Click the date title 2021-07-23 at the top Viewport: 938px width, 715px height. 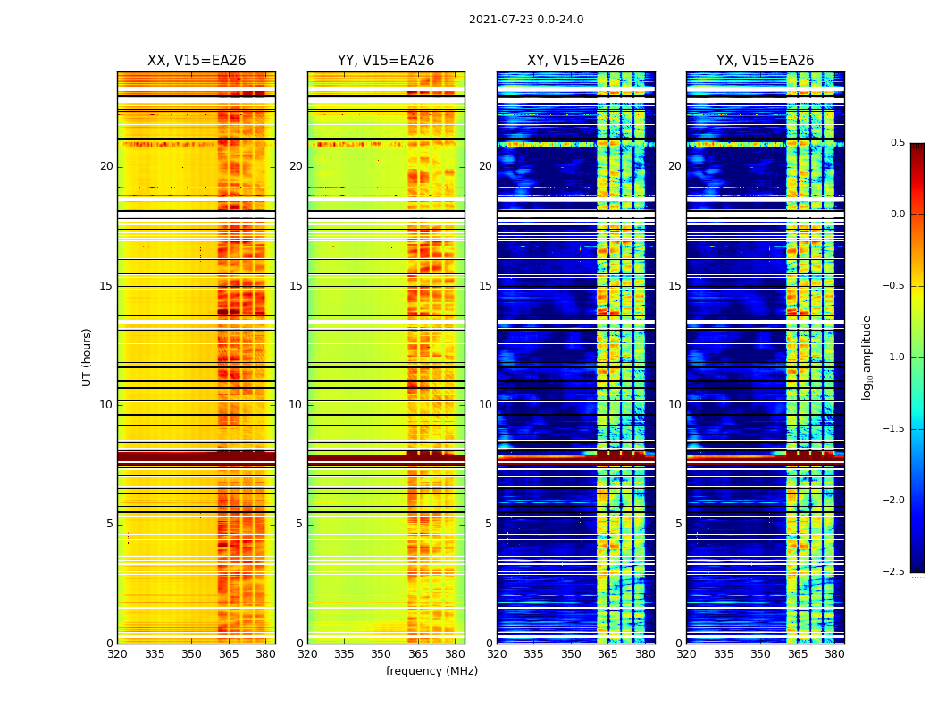click(525, 20)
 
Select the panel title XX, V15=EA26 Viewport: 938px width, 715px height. click(197, 61)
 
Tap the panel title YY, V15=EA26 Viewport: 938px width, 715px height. click(386, 61)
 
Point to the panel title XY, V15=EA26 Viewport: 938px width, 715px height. click(575, 61)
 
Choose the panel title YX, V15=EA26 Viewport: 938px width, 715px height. click(765, 61)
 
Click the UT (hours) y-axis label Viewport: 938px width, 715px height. click(88, 357)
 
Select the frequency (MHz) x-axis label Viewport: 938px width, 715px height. click(431, 671)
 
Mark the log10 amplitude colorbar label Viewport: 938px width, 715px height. click(867, 357)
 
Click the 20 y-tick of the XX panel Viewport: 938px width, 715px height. click(106, 166)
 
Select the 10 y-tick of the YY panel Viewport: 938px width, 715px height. click(296, 405)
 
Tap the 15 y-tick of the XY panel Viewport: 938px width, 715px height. click(485, 286)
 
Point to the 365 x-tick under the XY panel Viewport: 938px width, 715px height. click(608, 654)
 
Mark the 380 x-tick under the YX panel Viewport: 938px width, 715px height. click(834, 654)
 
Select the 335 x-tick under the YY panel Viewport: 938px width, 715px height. click(344, 654)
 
